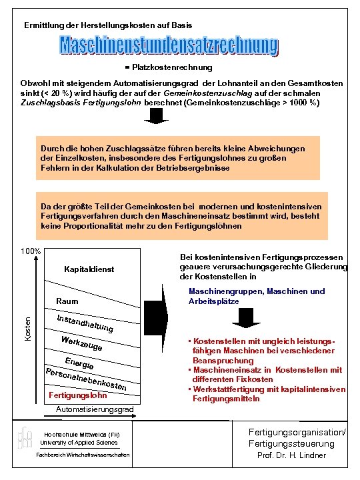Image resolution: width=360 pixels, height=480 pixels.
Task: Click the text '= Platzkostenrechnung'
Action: (x=169, y=67)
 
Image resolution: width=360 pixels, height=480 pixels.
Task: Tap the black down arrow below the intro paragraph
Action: (x=157, y=117)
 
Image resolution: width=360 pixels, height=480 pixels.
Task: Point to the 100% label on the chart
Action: (x=31, y=252)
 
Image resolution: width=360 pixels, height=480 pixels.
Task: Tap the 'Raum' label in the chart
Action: (x=67, y=301)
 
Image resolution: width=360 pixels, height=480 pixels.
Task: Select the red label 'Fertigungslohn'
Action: (x=78, y=396)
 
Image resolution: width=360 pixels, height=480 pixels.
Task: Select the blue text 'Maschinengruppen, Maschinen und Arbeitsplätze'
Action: (x=257, y=296)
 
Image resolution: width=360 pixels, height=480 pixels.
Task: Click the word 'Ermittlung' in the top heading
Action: (x=43, y=25)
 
